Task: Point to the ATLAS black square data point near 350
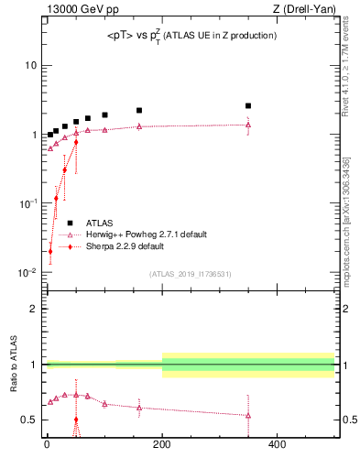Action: (x=248, y=106)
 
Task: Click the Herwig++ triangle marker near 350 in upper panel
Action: (x=248, y=125)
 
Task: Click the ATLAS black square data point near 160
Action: (x=139, y=111)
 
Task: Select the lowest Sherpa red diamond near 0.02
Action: (x=50, y=251)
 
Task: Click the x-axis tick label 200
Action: (x=162, y=445)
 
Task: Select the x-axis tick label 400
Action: (x=277, y=445)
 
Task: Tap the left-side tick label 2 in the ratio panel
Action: (x=35, y=309)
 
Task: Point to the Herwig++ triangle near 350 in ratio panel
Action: (x=248, y=415)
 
